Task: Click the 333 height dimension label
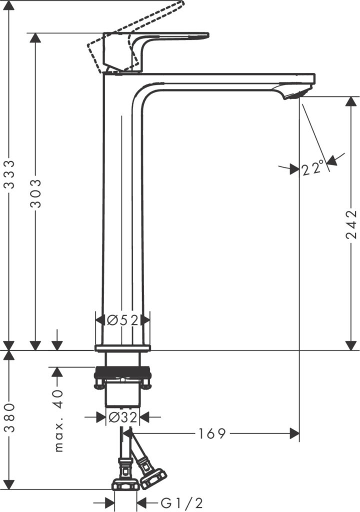click(x=10, y=174)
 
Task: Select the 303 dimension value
click(x=35, y=193)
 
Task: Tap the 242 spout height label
click(x=351, y=224)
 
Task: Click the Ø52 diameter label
click(x=123, y=320)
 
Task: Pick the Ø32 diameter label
click(x=123, y=417)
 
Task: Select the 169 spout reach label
click(x=212, y=433)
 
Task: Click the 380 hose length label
click(x=10, y=417)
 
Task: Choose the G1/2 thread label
click(x=182, y=503)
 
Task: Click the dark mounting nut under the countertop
click(x=123, y=372)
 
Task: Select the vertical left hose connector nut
click(x=126, y=485)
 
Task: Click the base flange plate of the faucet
click(x=123, y=348)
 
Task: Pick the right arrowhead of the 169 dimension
click(x=294, y=433)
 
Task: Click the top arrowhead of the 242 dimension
click(x=351, y=101)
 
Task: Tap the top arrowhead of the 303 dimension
click(x=35, y=37)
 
